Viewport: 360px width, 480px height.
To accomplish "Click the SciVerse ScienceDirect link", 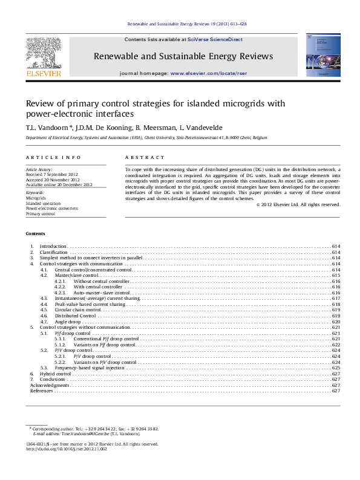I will (215, 39).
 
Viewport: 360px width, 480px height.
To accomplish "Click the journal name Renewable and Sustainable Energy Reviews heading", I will (183, 56).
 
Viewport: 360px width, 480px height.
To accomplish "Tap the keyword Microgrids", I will (36, 198).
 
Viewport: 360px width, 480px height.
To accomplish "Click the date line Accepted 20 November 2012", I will (53, 180).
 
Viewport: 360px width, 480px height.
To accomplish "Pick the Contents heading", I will (35, 233).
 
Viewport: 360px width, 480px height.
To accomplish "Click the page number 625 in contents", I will (336, 368).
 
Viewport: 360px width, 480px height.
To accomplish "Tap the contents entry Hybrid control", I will (55, 374).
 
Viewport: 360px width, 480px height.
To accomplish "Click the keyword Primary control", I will (40, 213).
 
